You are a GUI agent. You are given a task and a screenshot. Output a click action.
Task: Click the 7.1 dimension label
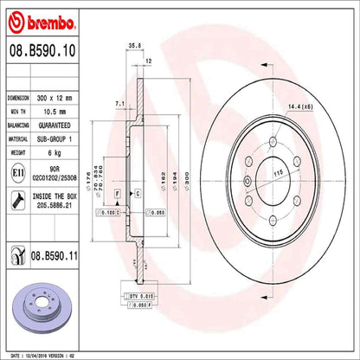click(118, 104)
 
